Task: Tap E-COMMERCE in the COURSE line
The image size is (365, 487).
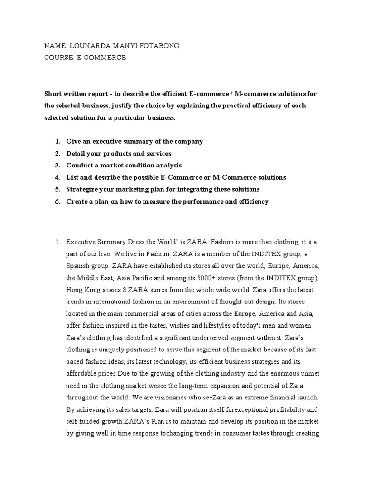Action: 102,58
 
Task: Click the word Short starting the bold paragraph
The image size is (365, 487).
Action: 53,94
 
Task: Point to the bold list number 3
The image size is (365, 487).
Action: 57,166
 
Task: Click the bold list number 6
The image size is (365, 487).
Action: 57,201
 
